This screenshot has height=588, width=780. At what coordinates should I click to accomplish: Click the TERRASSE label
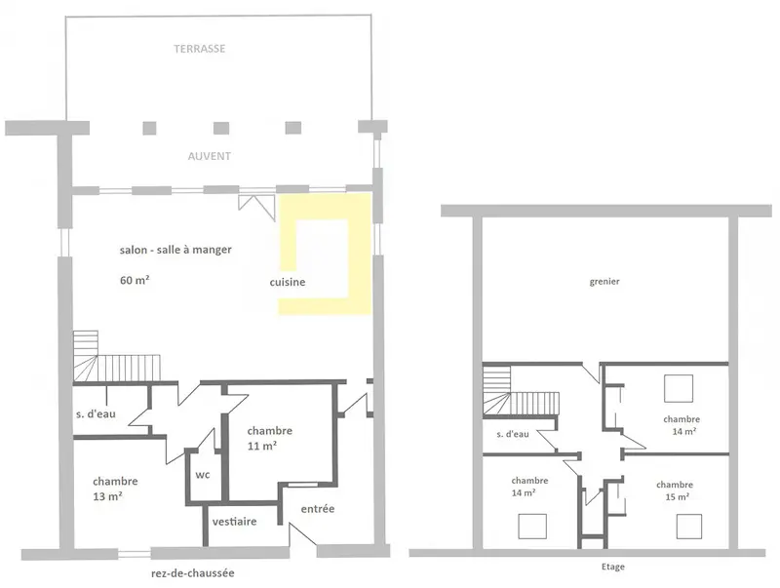[200, 48]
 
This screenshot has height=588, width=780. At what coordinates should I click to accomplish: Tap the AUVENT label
[209, 156]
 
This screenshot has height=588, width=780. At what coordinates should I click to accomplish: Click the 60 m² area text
[135, 280]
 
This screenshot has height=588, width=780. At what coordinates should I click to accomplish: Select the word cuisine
[288, 282]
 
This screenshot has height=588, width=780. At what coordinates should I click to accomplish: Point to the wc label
[203, 475]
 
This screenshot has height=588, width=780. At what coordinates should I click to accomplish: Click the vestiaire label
[234, 522]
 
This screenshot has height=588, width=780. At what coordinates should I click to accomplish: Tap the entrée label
[318, 508]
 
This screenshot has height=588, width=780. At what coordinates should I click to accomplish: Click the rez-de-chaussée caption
[192, 573]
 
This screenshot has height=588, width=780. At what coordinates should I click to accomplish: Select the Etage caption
[613, 567]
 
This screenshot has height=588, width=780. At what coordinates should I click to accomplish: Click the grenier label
[604, 282]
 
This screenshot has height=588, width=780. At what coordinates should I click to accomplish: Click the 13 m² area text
[107, 496]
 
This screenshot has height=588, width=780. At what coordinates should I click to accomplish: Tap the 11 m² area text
[262, 446]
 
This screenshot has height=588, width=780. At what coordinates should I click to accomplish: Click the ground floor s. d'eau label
[96, 413]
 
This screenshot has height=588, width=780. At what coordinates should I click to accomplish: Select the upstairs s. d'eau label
[513, 434]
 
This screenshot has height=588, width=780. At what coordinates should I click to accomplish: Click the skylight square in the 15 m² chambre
[689, 527]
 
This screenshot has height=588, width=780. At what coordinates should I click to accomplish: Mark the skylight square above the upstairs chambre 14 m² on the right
[679, 388]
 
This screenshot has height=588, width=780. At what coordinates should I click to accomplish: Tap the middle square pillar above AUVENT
[221, 129]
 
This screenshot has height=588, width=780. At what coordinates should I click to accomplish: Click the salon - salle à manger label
[175, 250]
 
